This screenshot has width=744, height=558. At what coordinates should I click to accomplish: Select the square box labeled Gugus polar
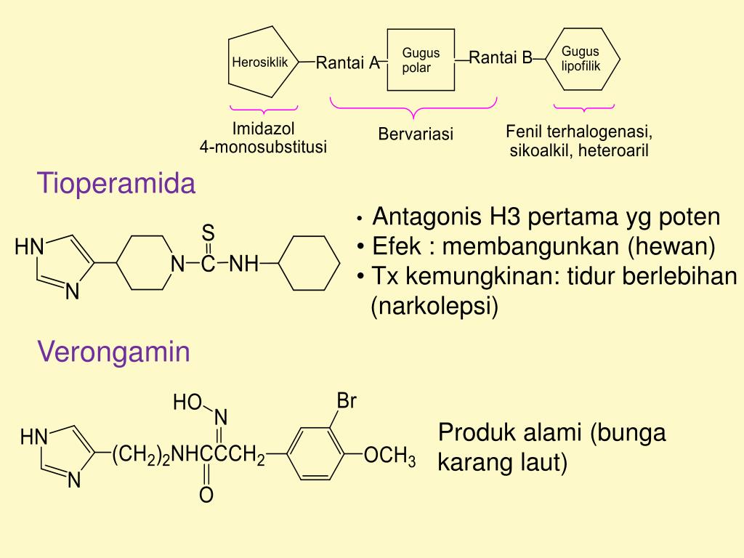pos(421,60)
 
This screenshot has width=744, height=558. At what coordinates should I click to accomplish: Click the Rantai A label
pos(348,63)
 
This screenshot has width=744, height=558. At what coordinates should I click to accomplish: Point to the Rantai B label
pos(501,57)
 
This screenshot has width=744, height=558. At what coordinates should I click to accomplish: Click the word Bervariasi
pos(415,134)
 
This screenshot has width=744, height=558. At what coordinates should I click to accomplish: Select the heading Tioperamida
pos(117,184)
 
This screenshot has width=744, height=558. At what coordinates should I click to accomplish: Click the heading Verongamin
pos(114,352)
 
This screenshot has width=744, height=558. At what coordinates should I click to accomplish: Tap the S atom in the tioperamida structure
pos(209,233)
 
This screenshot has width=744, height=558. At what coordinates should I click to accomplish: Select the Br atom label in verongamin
pos(347,401)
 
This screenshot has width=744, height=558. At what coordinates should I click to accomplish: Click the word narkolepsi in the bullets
pos(434,306)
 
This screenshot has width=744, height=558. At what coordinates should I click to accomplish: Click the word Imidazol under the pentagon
pos(263,129)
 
